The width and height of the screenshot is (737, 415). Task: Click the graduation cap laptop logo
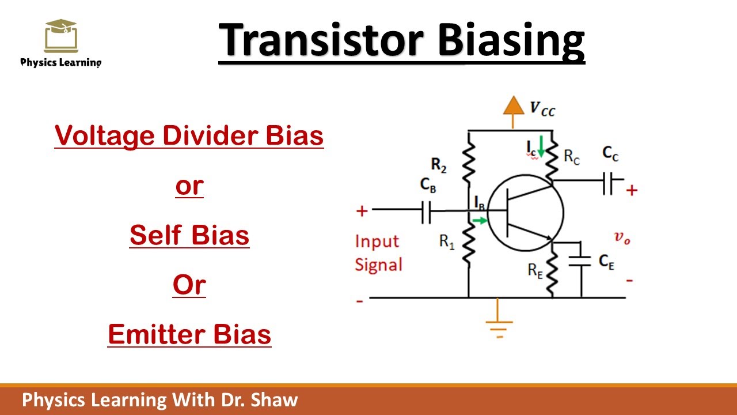click(60, 36)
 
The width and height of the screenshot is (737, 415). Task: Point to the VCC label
click(542, 108)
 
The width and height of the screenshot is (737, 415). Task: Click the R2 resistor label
click(439, 165)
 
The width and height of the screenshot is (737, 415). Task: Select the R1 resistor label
click(447, 242)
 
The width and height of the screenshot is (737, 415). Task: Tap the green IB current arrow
click(478, 220)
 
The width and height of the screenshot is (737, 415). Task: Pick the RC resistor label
click(571, 157)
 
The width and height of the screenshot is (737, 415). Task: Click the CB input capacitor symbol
click(426, 212)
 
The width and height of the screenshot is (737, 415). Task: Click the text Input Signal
click(378, 253)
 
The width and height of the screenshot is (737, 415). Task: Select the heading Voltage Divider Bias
click(189, 135)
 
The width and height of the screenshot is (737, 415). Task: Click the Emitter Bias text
click(189, 334)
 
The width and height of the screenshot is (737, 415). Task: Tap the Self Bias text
click(189, 235)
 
